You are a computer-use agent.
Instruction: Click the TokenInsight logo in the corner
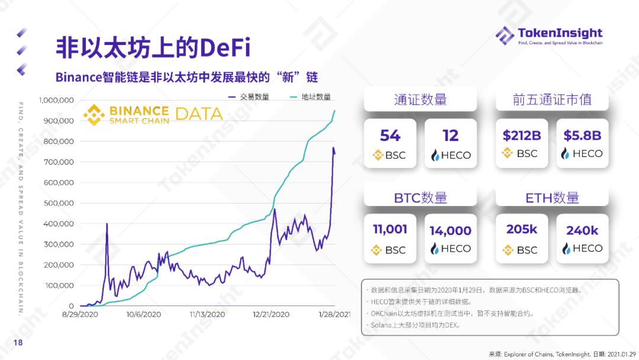pyautogui.click(x=549, y=35)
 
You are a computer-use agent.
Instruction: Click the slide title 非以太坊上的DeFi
pyautogui.click(x=153, y=47)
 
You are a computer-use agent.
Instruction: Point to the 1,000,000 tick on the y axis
pyautogui.click(x=56, y=100)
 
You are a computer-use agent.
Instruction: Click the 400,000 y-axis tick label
pyautogui.click(x=58, y=224)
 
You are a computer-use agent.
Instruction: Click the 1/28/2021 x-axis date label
pyautogui.click(x=334, y=314)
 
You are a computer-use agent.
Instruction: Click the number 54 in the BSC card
pyautogui.click(x=390, y=136)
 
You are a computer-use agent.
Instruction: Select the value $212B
pyautogui.click(x=522, y=136)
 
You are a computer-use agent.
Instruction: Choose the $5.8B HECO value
pyautogui.click(x=582, y=136)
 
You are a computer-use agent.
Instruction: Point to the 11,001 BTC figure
pyautogui.click(x=390, y=230)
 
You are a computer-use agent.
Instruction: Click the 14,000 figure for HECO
pyautogui.click(x=451, y=231)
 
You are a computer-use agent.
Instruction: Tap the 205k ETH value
pyautogui.click(x=522, y=230)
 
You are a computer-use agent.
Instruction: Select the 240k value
pyautogui.click(x=582, y=231)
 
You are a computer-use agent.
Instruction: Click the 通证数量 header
pyautogui.click(x=420, y=99)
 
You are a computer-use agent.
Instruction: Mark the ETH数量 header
pyautogui.click(x=552, y=198)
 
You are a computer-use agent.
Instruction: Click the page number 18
pyautogui.click(x=18, y=343)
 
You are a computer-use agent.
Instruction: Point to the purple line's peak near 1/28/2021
pyautogui.click(x=333, y=147)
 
